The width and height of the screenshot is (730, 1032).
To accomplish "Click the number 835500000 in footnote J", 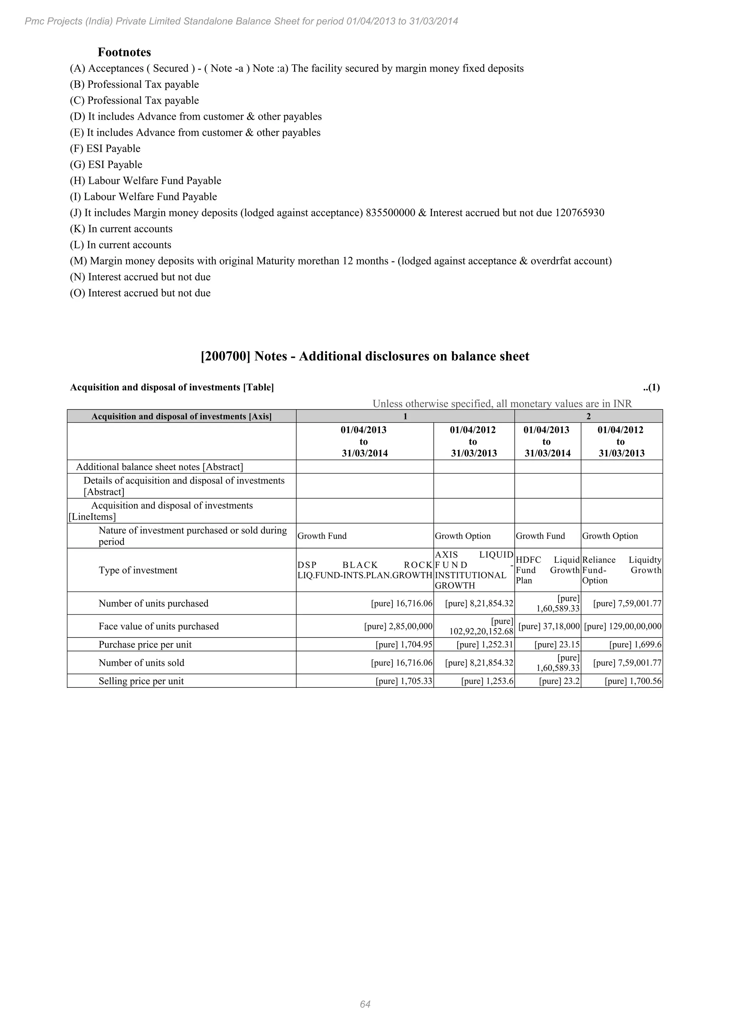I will (390, 213).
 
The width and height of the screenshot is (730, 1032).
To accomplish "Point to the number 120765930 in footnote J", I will (580, 213).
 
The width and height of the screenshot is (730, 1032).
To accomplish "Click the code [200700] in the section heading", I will (225, 356).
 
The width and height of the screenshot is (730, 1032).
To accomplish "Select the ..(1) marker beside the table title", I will (651, 387).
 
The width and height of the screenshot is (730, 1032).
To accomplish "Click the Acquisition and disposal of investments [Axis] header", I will (181, 416).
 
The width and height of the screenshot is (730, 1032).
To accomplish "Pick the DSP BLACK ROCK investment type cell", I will (365, 570).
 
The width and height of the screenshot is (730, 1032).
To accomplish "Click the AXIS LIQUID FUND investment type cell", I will (473, 570).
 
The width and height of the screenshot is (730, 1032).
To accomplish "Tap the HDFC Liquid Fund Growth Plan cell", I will (547, 570).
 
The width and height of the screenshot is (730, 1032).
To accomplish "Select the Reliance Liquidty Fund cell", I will (621, 570).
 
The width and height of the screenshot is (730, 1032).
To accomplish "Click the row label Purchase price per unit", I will (145, 645).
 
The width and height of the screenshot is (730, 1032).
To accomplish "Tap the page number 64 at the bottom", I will (365, 1004).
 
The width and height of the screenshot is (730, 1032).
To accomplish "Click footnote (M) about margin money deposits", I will (340, 261).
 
